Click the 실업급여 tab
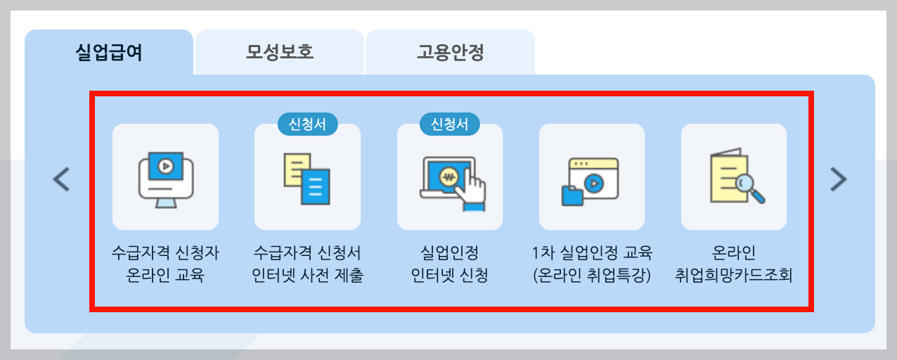coord(109,53)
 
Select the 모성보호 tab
coord(279,53)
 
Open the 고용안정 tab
coord(450,53)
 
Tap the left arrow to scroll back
coord(62,179)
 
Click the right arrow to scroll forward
coord(838,179)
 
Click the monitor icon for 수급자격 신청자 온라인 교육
coord(165,177)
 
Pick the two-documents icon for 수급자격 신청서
coord(307,177)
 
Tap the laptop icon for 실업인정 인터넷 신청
coord(450,177)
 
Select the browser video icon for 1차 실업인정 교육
coord(592,177)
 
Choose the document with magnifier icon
coord(734,177)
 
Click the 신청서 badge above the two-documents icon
coord(307,124)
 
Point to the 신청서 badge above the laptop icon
coord(450,124)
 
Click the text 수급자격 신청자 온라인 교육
coord(165,263)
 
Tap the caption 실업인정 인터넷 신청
coord(450,263)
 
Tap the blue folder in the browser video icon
coord(572,195)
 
